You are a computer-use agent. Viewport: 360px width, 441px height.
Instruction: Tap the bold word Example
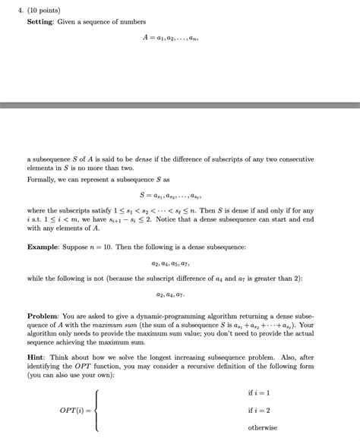[x=47, y=247]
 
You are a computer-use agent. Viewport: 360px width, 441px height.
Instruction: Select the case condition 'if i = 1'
[x=259, y=392]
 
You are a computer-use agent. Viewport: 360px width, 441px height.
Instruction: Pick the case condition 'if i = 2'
[x=259, y=410]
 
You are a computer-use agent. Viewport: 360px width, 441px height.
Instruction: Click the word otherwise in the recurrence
[x=263, y=427]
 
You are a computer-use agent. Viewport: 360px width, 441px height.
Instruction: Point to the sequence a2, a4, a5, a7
[x=180, y=266]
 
